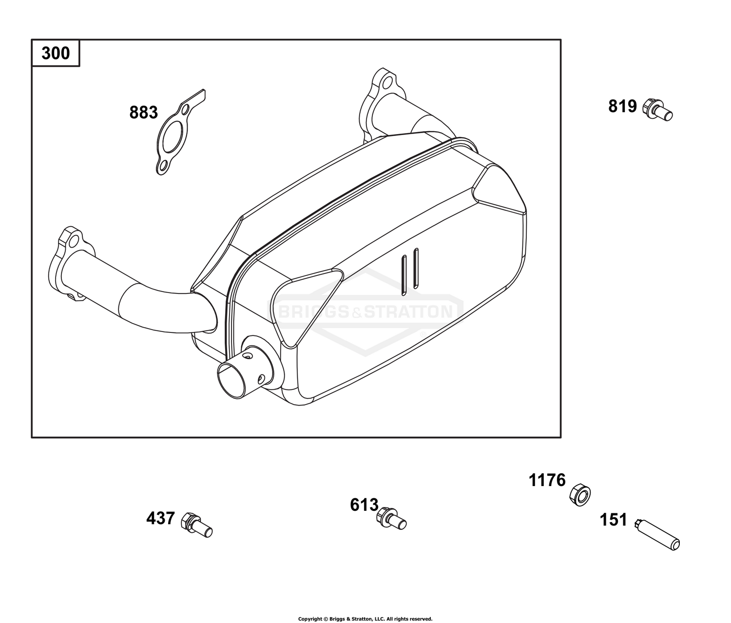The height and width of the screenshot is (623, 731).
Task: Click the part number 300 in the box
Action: [x=56, y=53]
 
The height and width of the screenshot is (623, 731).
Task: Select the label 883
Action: [x=143, y=113]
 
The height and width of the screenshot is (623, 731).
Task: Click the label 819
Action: [x=622, y=106]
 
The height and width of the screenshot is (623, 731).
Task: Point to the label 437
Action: [x=160, y=518]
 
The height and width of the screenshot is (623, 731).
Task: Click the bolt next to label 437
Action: [x=196, y=525]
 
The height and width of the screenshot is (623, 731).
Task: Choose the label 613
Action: [x=364, y=505]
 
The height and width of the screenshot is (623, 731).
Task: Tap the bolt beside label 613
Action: [x=391, y=518]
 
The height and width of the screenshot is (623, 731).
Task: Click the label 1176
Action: [x=547, y=481]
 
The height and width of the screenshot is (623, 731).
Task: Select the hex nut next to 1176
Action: [x=580, y=494]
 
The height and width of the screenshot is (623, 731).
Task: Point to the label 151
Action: [x=613, y=520]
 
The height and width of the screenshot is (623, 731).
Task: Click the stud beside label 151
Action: [x=657, y=534]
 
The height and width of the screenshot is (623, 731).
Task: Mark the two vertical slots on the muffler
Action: [x=409, y=272]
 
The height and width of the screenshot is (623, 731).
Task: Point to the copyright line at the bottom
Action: [x=365, y=619]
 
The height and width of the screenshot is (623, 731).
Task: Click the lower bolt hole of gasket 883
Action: [x=163, y=165]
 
